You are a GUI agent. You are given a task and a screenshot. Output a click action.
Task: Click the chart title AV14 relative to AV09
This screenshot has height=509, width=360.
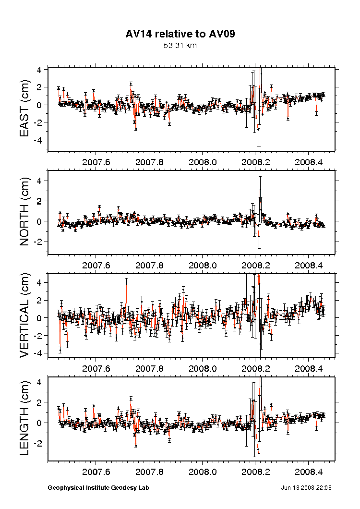(180, 34)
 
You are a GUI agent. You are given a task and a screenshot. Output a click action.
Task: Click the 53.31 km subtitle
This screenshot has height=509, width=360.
(180, 46)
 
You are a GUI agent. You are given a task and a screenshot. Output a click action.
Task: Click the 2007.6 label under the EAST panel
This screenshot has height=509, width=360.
(96, 162)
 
